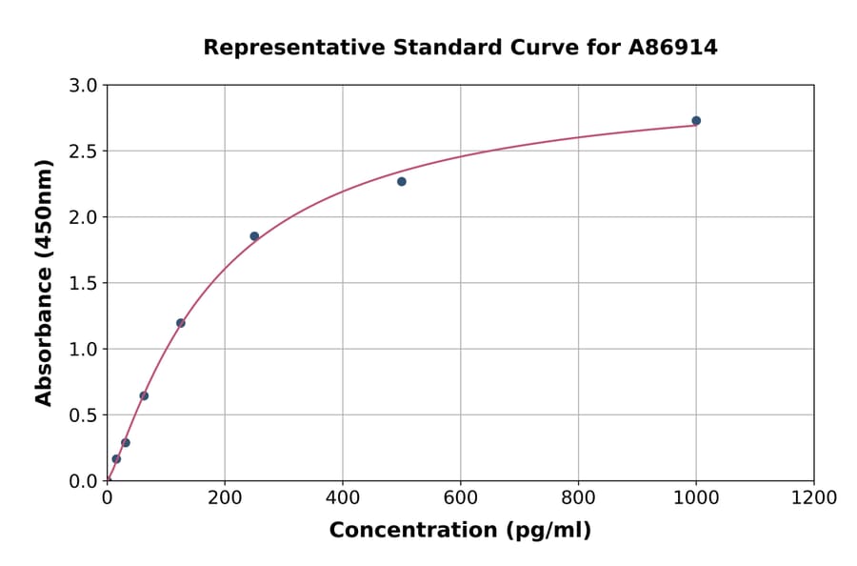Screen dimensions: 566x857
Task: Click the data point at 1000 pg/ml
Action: [696, 121]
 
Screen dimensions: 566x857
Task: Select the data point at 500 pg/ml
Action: [402, 181]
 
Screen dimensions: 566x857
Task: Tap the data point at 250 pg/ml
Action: [254, 236]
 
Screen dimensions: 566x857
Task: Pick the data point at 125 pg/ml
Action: [181, 323]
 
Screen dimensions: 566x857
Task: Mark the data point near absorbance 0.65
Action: [144, 395]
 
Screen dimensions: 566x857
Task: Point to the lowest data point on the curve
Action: [116, 459]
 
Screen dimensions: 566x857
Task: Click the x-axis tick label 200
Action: [225, 498]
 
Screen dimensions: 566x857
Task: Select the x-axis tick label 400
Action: [343, 498]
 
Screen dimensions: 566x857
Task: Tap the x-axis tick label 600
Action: [461, 498]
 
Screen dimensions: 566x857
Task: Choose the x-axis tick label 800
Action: [578, 498]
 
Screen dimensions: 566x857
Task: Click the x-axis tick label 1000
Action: [696, 498]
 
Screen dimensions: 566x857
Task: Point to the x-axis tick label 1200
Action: [814, 498]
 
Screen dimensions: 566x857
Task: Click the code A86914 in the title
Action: [673, 47]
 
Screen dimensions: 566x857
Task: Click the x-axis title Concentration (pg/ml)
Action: [460, 531]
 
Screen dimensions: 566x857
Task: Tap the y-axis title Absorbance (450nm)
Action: [45, 282]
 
